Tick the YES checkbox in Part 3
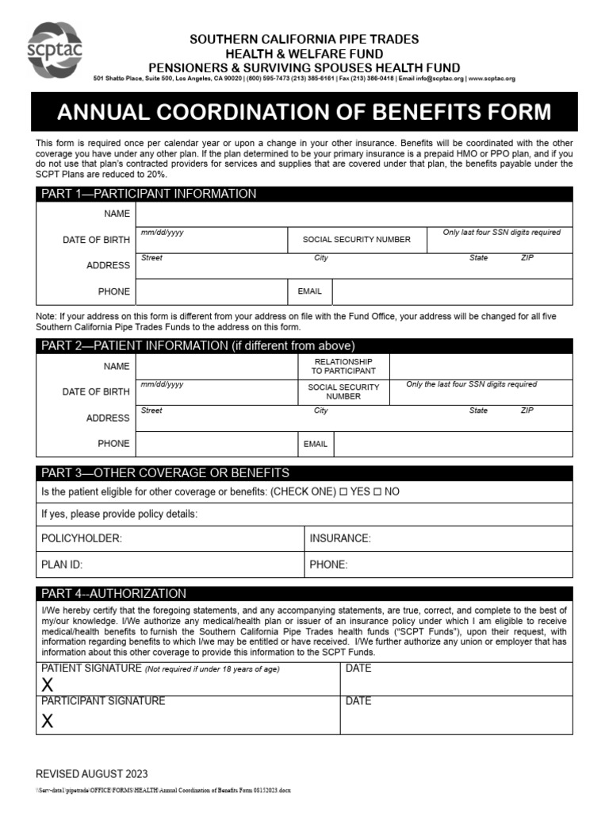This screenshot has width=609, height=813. point(343,492)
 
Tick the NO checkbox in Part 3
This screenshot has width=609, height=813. point(377,492)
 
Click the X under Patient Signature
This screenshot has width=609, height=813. point(48,685)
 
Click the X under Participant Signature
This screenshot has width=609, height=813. point(48,721)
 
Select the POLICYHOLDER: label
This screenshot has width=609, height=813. point(81,538)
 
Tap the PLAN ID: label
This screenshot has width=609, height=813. point(62,565)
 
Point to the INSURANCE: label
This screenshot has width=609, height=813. point(340,538)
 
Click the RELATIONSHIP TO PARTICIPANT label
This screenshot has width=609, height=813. point(343,366)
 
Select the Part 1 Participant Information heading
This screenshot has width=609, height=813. point(148,194)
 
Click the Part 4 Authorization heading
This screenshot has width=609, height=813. point(113,593)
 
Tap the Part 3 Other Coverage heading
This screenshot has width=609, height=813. point(165,473)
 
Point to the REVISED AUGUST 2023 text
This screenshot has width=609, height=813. point(91,774)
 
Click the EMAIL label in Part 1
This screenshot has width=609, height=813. point(309,291)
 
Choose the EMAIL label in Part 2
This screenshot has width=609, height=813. point(315,444)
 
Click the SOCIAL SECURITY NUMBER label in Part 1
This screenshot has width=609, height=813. point(357,239)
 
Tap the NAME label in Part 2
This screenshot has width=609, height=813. point(117,366)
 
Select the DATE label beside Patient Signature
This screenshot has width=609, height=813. point(358,669)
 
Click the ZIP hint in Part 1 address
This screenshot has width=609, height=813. point(527,258)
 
